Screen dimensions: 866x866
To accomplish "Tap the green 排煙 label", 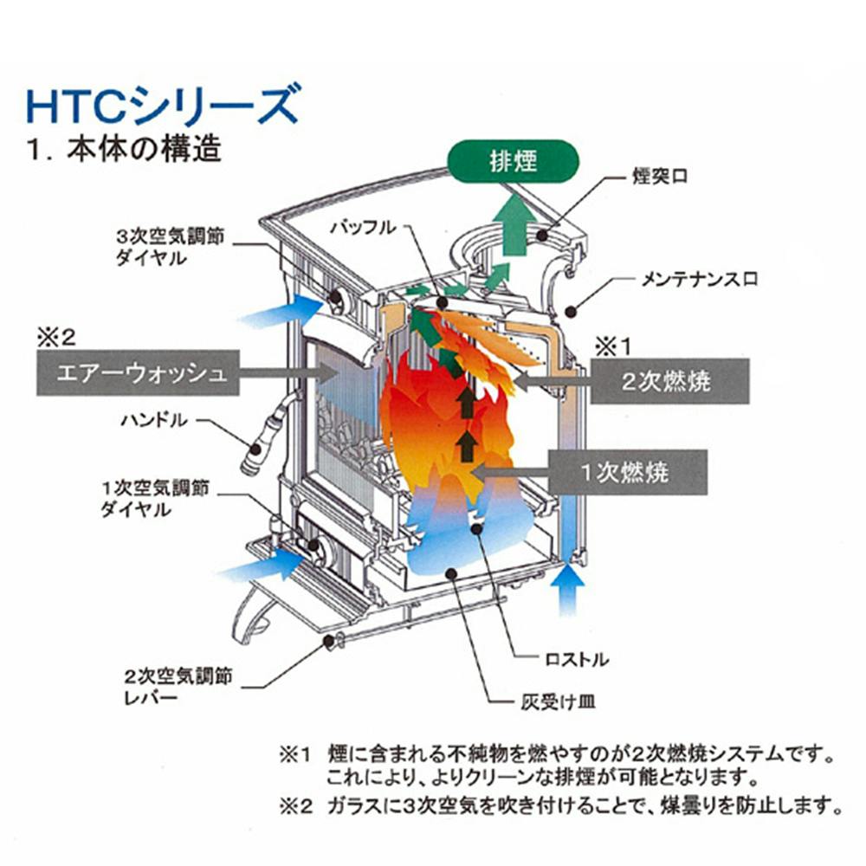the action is [x=513, y=161].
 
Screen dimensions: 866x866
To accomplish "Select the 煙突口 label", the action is [x=660, y=177].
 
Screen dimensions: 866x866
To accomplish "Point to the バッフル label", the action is [x=363, y=227].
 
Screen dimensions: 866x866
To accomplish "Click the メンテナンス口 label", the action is [x=699, y=280].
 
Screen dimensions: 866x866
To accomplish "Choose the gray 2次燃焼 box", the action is [x=670, y=381].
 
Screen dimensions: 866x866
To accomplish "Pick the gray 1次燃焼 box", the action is [x=628, y=472].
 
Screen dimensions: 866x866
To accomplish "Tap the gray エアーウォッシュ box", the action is [x=138, y=372].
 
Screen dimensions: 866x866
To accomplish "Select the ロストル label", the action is [x=577, y=659].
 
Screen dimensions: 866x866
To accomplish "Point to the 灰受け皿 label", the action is [x=558, y=702].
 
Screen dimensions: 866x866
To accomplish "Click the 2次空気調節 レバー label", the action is [x=178, y=687].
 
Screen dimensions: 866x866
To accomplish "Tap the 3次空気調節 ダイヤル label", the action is [x=170, y=247].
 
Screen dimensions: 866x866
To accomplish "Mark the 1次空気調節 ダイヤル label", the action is [x=155, y=498].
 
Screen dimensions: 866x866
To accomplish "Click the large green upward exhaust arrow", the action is [x=514, y=221].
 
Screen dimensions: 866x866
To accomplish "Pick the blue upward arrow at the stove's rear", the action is [x=567, y=590].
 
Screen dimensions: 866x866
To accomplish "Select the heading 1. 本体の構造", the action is [x=124, y=149].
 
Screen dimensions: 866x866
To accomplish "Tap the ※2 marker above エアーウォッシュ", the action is [x=55, y=338].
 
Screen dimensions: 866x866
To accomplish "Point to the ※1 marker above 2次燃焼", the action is [x=612, y=347].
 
